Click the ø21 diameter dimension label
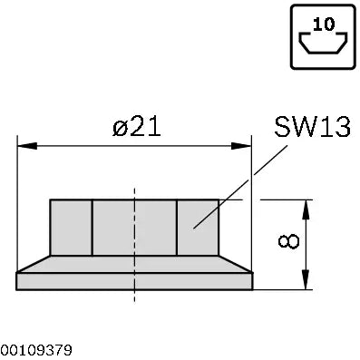click(136, 127)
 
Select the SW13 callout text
click(313, 127)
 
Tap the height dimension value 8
click(288, 241)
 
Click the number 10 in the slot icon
click(324, 24)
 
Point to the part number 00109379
click(36, 350)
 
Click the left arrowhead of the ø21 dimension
click(27, 146)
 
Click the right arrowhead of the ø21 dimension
click(241, 146)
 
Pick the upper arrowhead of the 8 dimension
click(306, 209)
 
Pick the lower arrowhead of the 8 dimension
click(306, 279)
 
